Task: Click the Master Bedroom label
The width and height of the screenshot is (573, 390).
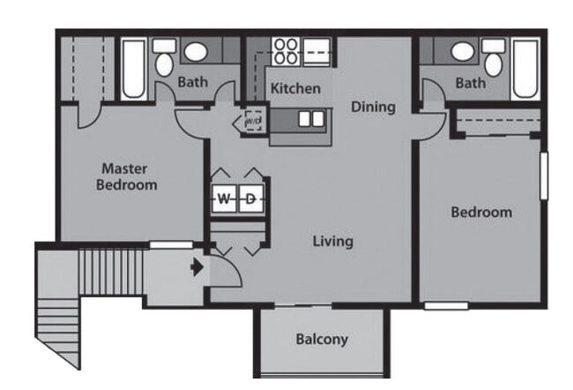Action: (x=128, y=176)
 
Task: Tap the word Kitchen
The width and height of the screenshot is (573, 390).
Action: (x=295, y=88)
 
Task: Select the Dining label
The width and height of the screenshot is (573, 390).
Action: (x=373, y=107)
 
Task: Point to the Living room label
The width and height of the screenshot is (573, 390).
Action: (x=332, y=240)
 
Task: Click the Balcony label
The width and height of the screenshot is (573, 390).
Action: (x=322, y=339)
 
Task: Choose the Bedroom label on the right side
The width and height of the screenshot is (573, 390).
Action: (x=481, y=212)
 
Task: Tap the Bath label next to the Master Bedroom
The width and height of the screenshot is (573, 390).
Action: (x=192, y=82)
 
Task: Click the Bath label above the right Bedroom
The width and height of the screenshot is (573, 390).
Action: (x=470, y=83)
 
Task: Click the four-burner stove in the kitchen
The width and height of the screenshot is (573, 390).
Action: (x=285, y=50)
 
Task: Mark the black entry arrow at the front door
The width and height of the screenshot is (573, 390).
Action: (x=197, y=265)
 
